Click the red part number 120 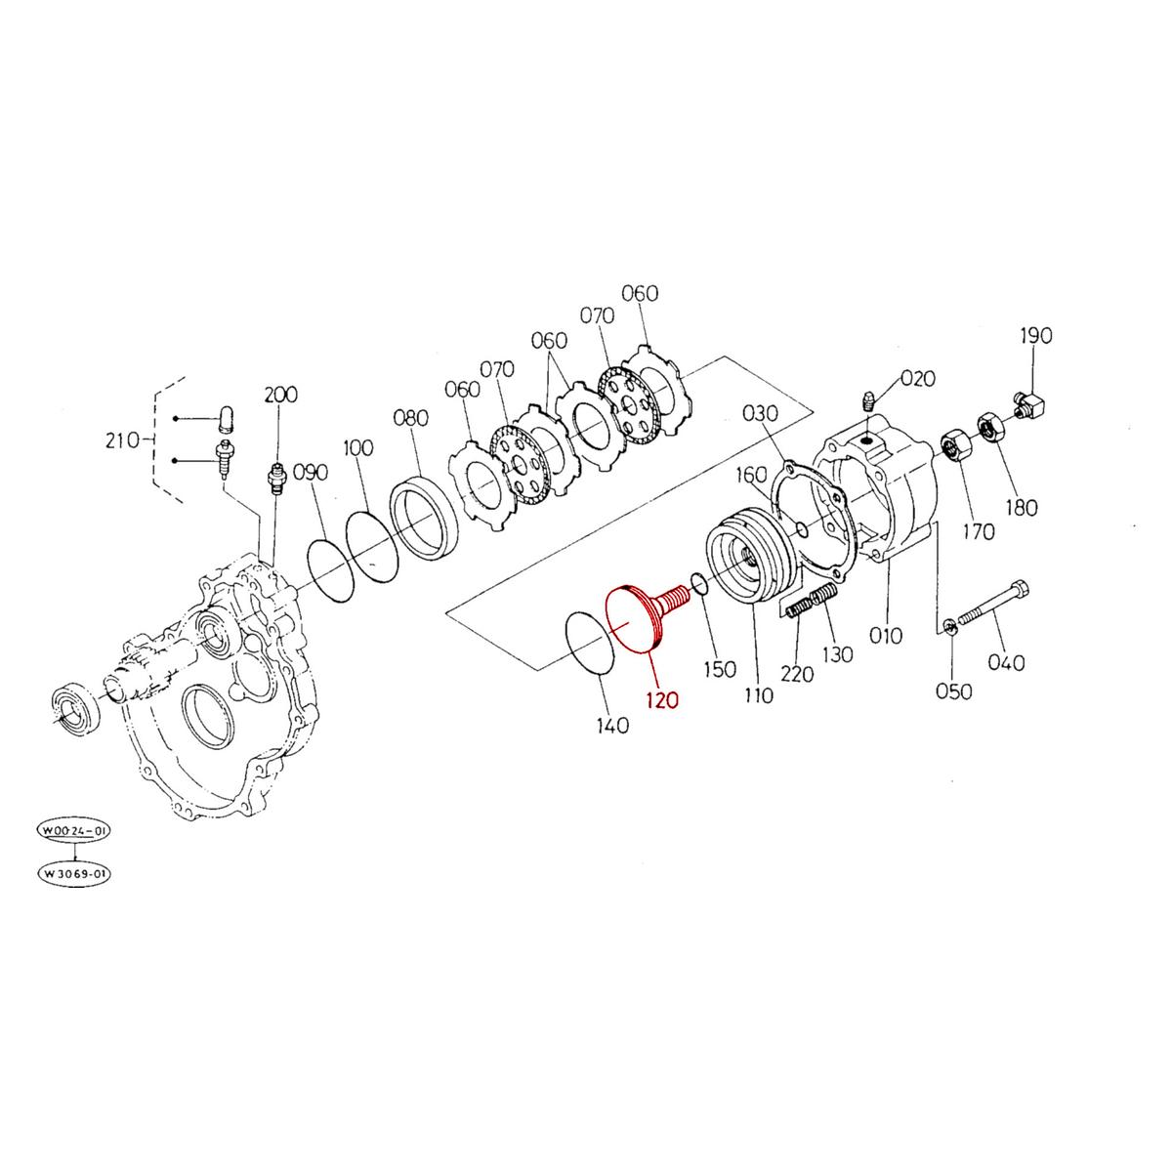click(660, 699)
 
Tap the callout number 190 click(1035, 336)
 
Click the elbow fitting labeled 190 click(1028, 403)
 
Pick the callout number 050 click(953, 691)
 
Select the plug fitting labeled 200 click(277, 481)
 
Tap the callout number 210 click(123, 439)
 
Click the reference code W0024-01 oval click(74, 830)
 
